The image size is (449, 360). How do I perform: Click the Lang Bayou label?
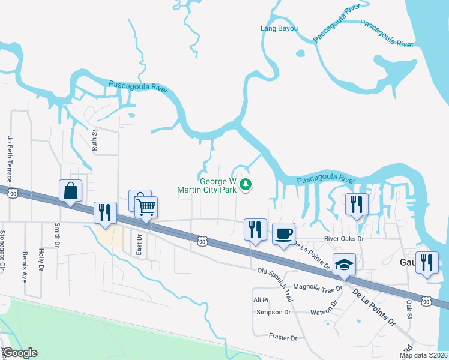279,28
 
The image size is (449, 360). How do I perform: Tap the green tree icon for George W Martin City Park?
245,185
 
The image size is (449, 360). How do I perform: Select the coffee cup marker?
283,234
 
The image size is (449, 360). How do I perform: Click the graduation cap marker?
344,265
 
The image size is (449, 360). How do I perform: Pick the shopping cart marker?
146,208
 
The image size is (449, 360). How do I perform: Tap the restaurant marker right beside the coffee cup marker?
255,230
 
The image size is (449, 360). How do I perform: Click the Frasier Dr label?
283,338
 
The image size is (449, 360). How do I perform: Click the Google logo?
20,353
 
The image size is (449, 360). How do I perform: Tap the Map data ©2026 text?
424,355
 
